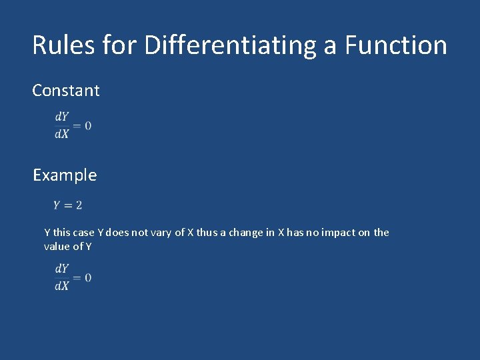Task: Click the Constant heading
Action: tap(66, 91)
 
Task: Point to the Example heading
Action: tap(65, 175)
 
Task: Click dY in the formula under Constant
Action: tap(61, 117)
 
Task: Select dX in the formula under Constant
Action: tap(61, 134)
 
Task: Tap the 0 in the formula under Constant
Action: tap(88, 125)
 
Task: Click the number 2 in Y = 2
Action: tap(79, 205)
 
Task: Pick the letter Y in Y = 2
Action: tap(57, 205)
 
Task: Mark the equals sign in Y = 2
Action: tap(68, 205)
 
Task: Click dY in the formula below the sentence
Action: tap(61, 269)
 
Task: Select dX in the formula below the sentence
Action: tap(61, 286)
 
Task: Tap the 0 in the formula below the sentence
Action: tap(88, 277)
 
